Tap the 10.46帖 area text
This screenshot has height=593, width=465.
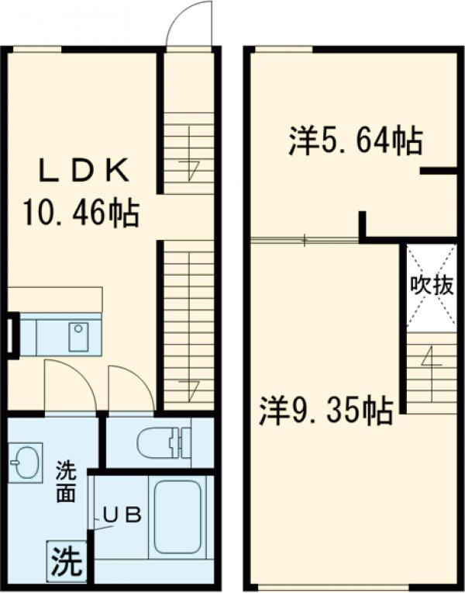point(81,211)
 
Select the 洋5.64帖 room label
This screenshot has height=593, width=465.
point(356,141)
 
